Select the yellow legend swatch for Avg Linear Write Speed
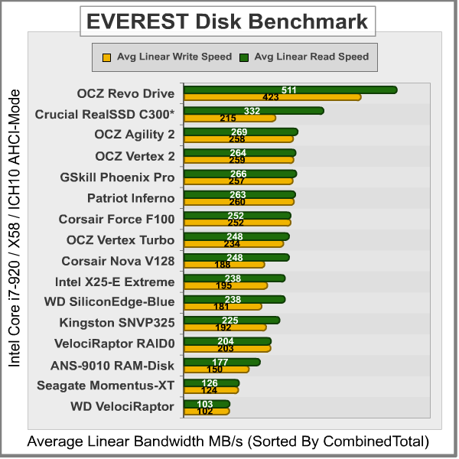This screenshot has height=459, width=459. click(106, 57)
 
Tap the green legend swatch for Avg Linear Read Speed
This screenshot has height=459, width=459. click(245, 57)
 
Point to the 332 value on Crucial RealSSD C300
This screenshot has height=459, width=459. click(252, 111)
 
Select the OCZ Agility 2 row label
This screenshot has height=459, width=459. click(135, 135)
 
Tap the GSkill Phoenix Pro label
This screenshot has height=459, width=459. click(117, 177)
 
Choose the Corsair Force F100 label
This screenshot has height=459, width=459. click(116, 220)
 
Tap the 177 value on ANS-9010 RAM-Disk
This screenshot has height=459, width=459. click(220, 362)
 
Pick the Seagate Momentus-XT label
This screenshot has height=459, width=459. click(106, 386)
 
